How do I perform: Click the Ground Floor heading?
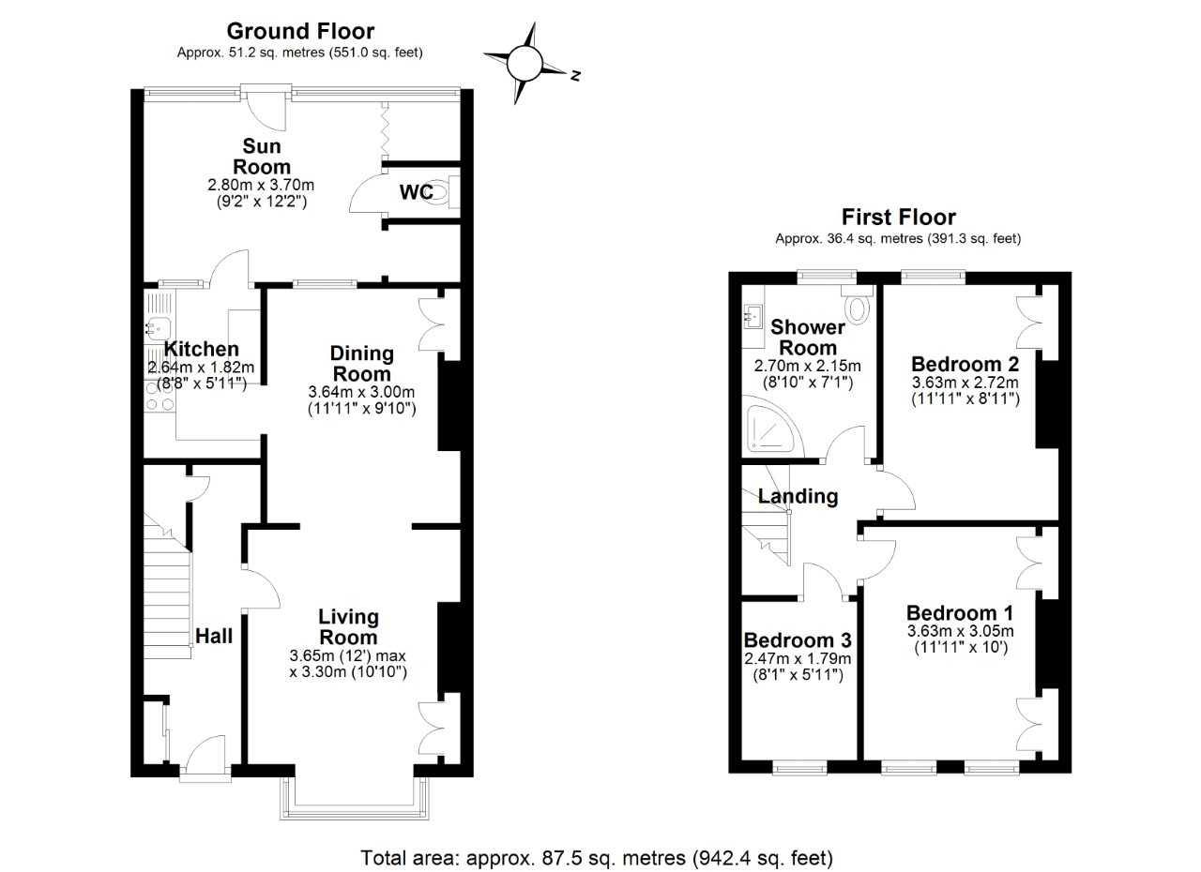pyautogui.click(x=300, y=32)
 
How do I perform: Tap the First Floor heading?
pyautogui.click(x=898, y=218)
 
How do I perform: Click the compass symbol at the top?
pyautogui.click(x=525, y=63)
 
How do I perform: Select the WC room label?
pyautogui.click(x=416, y=193)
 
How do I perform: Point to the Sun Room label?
pyautogui.click(x=262, y=157)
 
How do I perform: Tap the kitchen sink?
pyautogui.click(x=156, y=326)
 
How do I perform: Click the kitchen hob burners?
pyautogui.click(x=158, y=396)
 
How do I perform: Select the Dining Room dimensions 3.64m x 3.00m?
pyautogui.click(x=361, y=392)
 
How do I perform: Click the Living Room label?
pyautogui.click(x=348, y=627)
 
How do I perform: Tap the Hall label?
pyautogui.click(x=214, y=636)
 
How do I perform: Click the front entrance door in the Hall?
pyautogui.click(x=205, y=755)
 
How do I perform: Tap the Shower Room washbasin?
pyautogui.click(x=753, y=316)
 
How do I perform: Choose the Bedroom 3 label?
pyautogui.click(x=798, y=640)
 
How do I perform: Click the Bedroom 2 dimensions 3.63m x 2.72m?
pyautogui.click(x=965, y=383)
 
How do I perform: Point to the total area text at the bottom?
pyautogui.click(x=598, y=857)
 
